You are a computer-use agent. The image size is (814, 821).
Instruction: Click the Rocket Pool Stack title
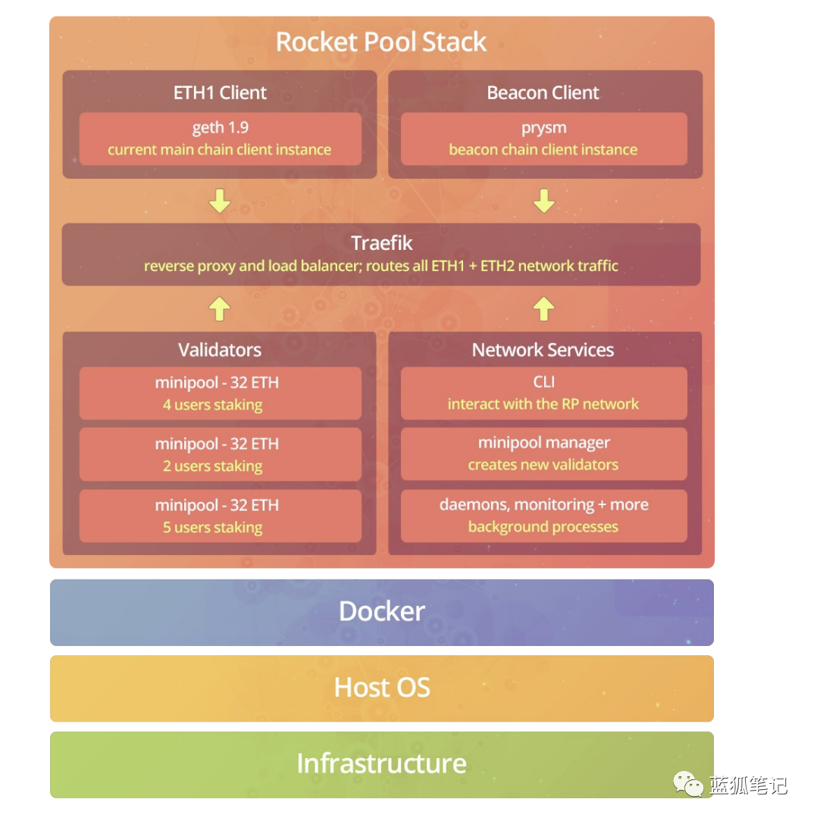point(381,42)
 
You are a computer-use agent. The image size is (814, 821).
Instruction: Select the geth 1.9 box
point(220,139)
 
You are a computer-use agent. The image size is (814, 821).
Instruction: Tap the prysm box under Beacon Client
point(543,139)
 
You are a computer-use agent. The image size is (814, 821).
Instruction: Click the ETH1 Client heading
point(220,93)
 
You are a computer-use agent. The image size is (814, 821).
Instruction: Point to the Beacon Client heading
point(543,93)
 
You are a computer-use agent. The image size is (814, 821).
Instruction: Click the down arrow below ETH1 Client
point(220,201)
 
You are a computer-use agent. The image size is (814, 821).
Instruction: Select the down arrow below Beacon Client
point(543,201)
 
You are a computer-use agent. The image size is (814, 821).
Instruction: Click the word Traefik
point(382,243)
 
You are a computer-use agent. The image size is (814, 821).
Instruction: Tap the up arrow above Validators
point(220,308)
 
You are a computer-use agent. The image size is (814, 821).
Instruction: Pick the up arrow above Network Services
point(543,308)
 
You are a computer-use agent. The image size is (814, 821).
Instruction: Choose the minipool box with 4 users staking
point(220,393)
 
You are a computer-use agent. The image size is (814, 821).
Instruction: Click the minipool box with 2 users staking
point(220,454)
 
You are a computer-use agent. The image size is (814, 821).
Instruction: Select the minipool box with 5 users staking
point(220,516)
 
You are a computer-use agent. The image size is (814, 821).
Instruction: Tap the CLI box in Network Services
point(543,393)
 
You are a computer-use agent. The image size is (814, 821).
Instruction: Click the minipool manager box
point(543,454)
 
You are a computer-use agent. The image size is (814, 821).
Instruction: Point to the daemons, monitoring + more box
point(543,516)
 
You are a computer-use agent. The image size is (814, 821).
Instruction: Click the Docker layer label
point(382,612)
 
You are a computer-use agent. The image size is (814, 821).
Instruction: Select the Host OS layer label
point(382,688)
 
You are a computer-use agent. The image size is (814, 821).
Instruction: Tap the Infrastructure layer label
point(382,763)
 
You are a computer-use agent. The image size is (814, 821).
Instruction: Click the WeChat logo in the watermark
point(689,785)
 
